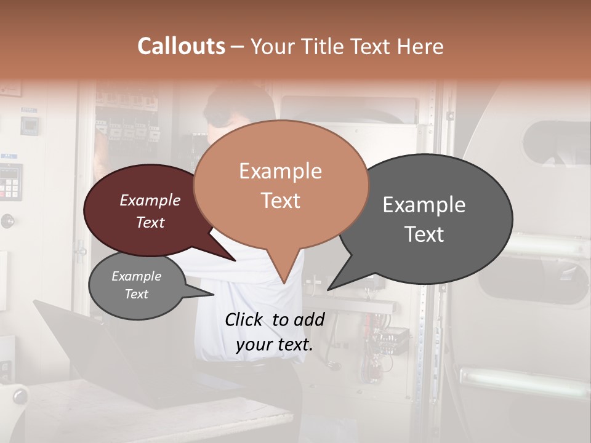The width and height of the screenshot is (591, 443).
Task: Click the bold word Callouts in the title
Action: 181,46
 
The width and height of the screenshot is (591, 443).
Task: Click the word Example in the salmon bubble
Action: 280,171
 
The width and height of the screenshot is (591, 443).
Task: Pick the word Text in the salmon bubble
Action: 281,201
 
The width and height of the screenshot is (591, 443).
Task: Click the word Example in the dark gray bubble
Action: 424,205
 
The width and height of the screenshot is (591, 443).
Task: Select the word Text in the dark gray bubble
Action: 424,234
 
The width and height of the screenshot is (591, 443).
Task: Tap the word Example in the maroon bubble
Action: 150,200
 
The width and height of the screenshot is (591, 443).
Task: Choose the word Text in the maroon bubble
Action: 150,222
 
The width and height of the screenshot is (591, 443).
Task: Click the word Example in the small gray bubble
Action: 137,276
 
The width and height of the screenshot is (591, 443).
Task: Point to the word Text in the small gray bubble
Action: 137,294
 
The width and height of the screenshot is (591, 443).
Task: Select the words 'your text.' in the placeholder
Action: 275,345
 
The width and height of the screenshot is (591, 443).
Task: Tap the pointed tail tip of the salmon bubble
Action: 284,283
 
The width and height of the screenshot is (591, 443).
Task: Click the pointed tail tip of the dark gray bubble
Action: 328,289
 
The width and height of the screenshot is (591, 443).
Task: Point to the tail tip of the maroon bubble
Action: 235,260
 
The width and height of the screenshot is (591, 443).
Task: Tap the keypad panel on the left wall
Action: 10,182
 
